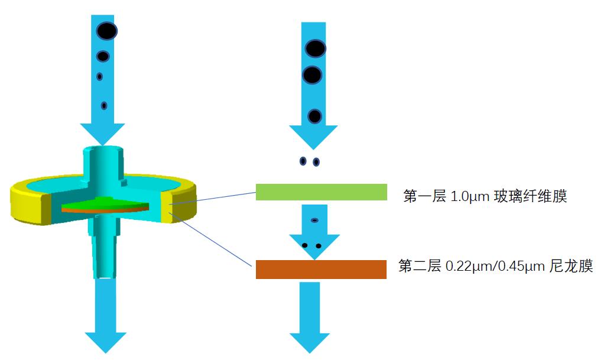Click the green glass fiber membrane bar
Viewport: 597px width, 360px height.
point(321,192)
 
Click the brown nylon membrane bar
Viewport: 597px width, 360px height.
point(321,269)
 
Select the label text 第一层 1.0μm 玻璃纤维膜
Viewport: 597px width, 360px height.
point(485,196)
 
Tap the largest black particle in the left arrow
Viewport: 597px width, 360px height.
point(107,31)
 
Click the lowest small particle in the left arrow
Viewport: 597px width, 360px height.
point(104,106)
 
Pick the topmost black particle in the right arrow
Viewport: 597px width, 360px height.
point(316,48)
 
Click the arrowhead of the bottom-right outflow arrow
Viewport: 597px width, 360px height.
point(309,343)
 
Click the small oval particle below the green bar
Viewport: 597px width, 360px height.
point(314,220)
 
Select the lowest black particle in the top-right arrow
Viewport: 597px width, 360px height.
point(314,116)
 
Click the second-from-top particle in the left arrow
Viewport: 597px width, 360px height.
point(103,56)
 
